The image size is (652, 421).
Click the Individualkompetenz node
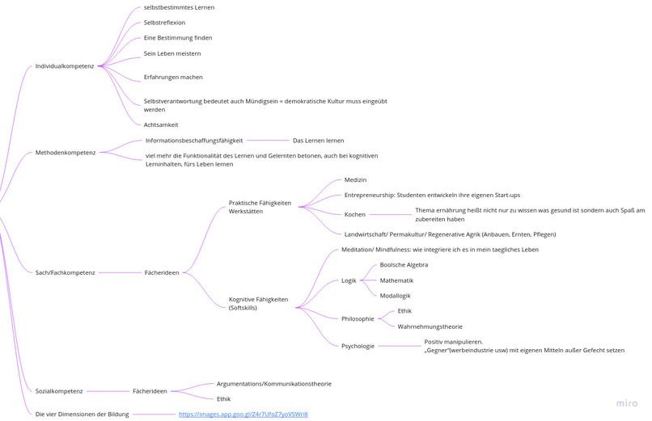(x=65, y=66)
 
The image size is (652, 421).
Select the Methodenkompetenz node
(x=66, y=153)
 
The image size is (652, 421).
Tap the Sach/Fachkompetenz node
(x=65, y=273)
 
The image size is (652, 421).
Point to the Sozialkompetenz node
(x=59, y=391)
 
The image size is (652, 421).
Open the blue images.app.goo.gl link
(x=243, y=415)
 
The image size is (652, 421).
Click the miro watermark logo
(x=627, y=403)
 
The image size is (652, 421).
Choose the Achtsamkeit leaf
(x=161, y=125)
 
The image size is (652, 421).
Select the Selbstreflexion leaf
(x=165, y=23)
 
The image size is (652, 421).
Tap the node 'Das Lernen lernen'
(x=319, y=141)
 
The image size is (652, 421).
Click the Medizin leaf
(x=355, y=179)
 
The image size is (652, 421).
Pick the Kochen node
(x=354, y=215)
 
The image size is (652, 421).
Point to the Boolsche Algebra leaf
(x=404, y=265)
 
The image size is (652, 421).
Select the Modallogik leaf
(x=395, y=296)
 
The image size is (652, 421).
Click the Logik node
(x=349, y=280)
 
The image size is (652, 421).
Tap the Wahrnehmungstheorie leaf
(x=430, y=326)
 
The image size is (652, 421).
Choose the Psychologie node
(x=358, y=347)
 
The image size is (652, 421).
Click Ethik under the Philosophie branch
(x=404, y=311)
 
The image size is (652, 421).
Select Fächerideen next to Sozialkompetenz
(x=150, y=391)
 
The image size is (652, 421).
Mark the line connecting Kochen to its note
(x=391, y=215)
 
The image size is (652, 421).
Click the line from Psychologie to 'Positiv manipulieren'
(x=400, y=347)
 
